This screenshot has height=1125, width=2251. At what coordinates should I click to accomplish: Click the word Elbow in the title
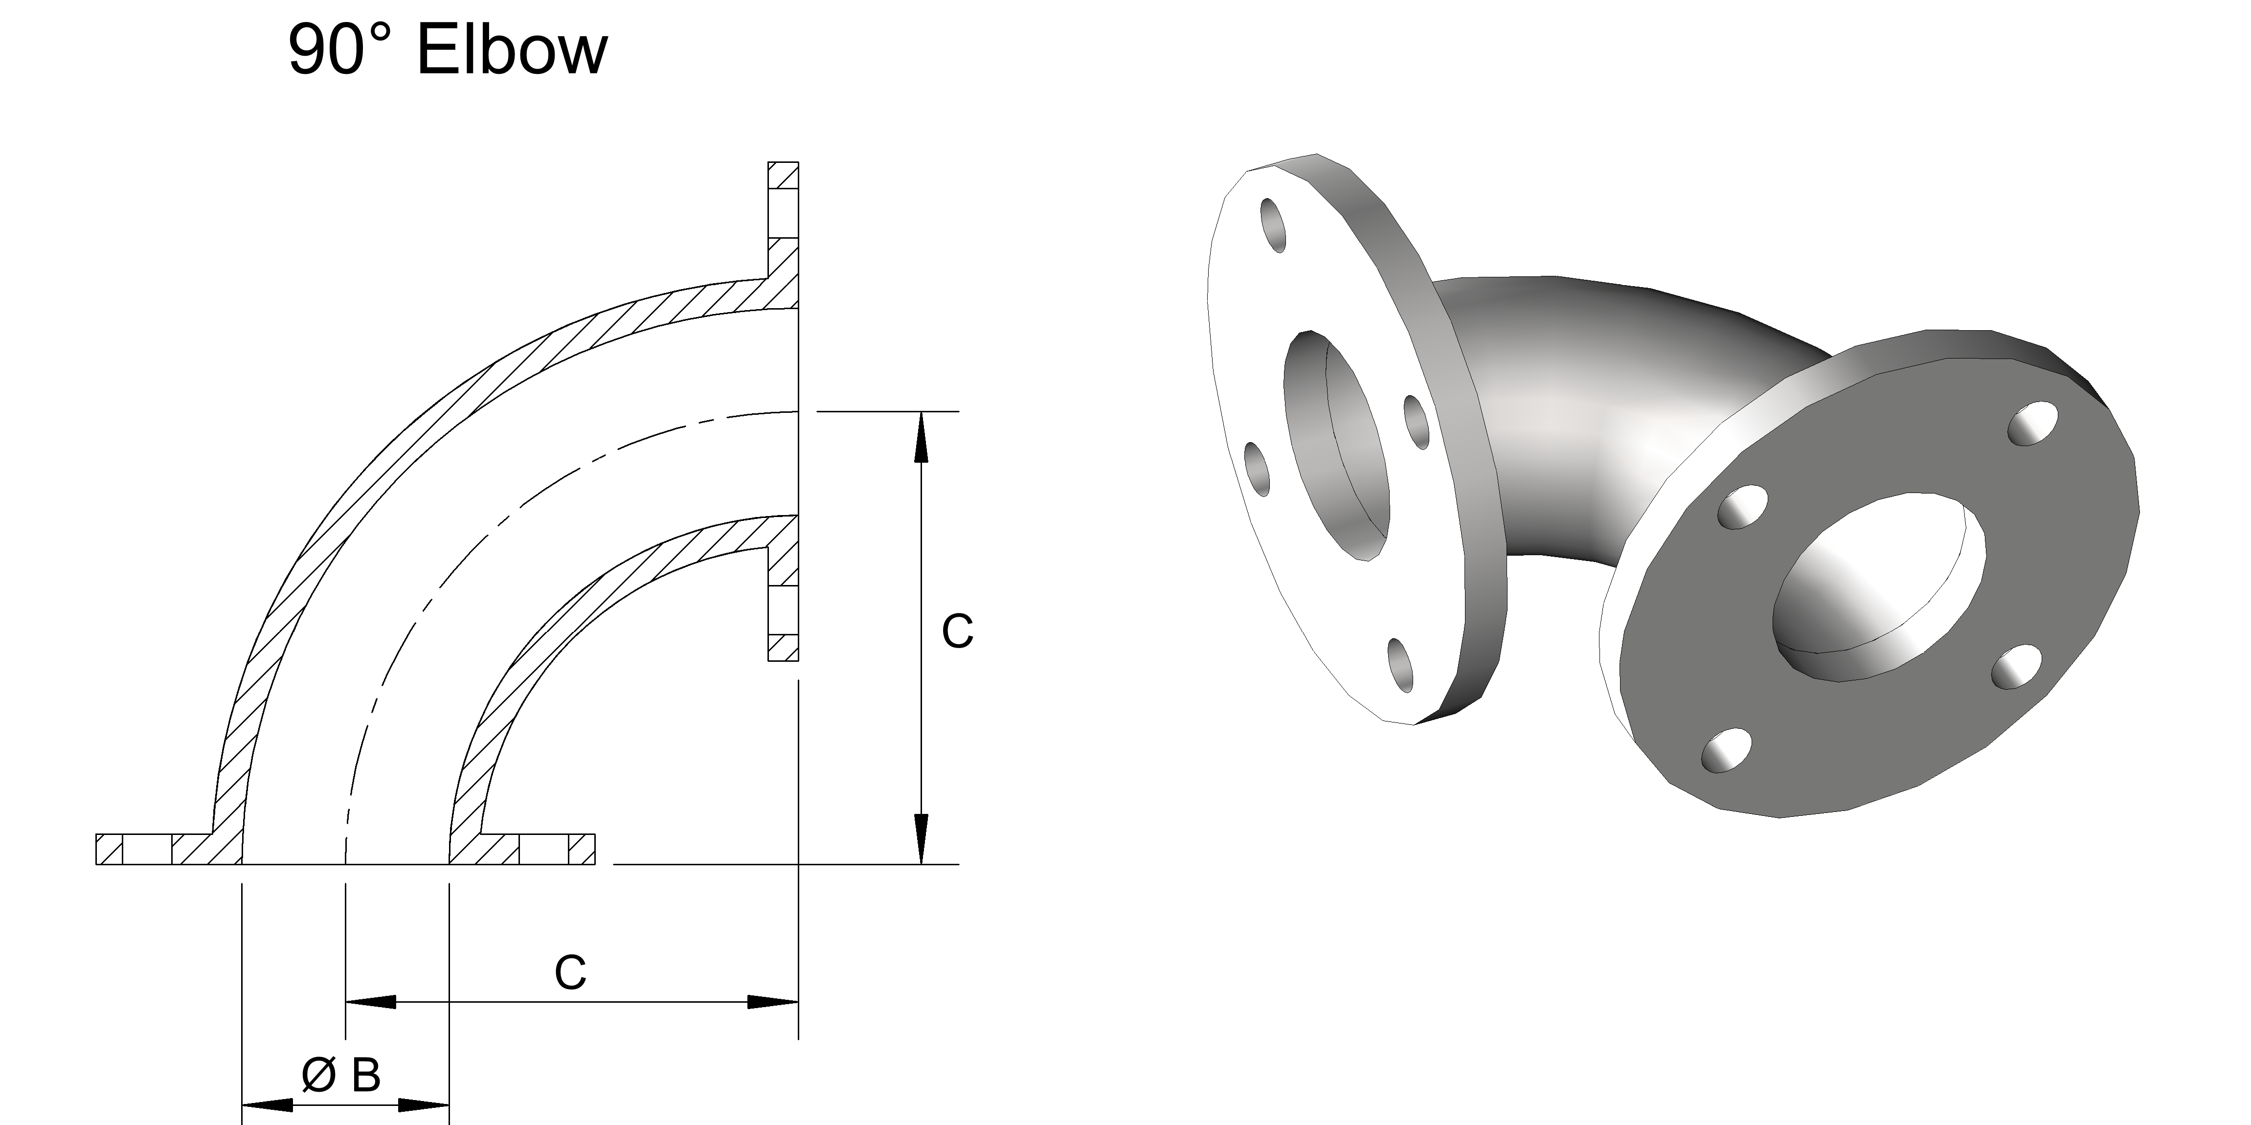point(511,51)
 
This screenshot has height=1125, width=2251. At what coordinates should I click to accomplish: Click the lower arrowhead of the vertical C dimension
point(920,839)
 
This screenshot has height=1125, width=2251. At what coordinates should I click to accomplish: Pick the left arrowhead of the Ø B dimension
point(267,1106)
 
